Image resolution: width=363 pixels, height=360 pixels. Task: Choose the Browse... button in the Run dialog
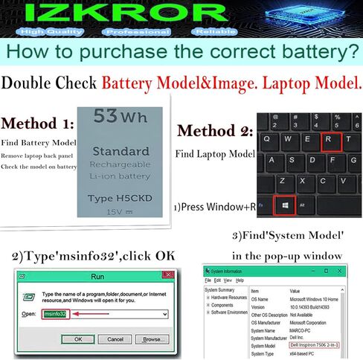tap(153, 338)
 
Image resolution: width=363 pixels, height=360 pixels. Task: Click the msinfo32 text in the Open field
tap(54, 314)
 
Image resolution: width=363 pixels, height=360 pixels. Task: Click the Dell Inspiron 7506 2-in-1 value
tap(315, 345)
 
